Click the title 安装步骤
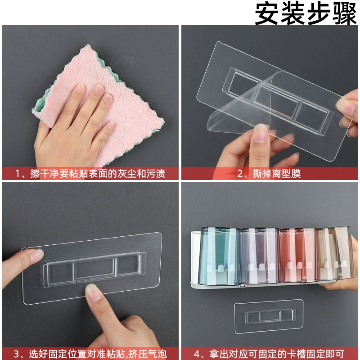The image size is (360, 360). (x=306, y=13)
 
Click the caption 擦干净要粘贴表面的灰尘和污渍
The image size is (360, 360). (x=90, y=173)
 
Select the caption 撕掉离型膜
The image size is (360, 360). (x=269, y=173)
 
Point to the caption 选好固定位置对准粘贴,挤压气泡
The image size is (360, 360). (x=90, y=354)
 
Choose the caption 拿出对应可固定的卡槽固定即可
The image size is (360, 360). (x=269, y=354)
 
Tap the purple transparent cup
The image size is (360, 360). (x=261, y=256)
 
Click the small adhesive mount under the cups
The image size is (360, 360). (x=269, y=316)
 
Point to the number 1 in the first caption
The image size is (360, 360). (x=18, y=174)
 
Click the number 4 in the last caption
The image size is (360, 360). (x=197, y=354)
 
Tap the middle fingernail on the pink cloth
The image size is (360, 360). (x=99, y=89)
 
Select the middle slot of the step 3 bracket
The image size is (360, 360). (x=94, y=269)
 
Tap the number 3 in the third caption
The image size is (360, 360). (x=17, y=354)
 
